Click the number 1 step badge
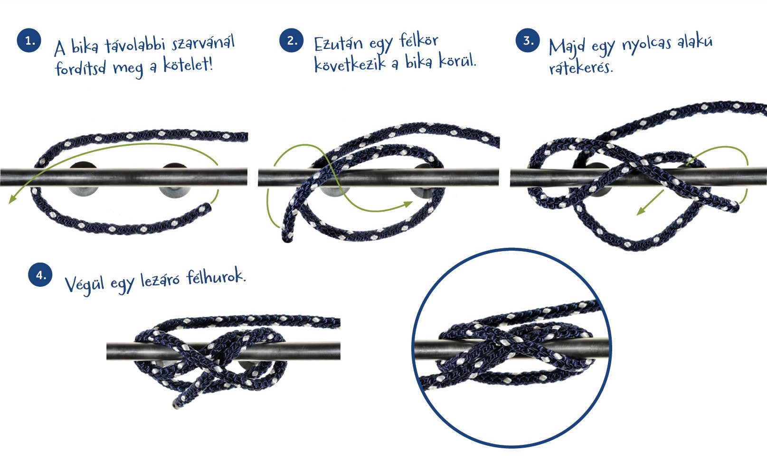(29, 40)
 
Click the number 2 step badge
(292, 40)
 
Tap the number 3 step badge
(528, 40)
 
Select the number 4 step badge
(40, 274)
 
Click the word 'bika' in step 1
(85, 47)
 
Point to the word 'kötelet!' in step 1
(188, 65)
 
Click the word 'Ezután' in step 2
(338, 44)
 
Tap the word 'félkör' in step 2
(419, 41)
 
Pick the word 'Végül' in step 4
(85, 285)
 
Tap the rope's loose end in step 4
(178, 404)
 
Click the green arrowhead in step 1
(13, 199)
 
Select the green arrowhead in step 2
(408, 204)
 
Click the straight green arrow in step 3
(650, 203)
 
